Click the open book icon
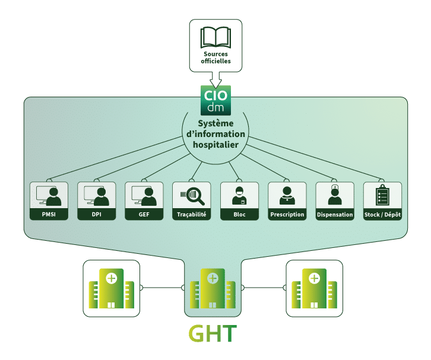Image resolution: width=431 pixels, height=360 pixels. point(215,37)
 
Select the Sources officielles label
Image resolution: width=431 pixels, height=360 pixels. point(215,58)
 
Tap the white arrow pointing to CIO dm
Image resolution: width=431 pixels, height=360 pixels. point(215,78)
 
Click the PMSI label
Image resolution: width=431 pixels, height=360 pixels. point(49,214)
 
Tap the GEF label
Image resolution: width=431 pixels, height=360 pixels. point(144,214)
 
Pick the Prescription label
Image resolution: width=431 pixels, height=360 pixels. point(287,214)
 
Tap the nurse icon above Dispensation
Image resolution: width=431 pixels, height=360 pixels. point(335,195)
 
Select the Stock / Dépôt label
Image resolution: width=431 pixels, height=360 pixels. point(382,214)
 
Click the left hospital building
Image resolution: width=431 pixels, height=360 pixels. point(110,288)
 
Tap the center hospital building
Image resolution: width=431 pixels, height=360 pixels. point(213,289)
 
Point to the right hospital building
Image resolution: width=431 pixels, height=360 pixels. point(315,288)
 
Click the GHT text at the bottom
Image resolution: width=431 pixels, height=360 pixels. point(212,334)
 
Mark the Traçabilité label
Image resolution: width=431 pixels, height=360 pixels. point(192,214)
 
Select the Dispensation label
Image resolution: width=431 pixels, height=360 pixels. point(335,214)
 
